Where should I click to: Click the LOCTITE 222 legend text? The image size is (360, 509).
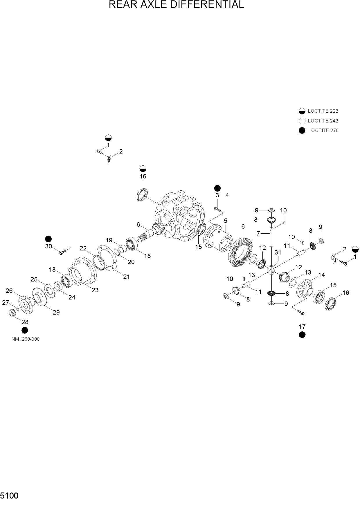[x=323, y=111]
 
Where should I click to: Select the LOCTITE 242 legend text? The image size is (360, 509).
[x=323, y=121]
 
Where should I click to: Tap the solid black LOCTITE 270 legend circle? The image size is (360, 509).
[x=302, y=131]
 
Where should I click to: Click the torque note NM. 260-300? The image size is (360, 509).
[x=26, y=339]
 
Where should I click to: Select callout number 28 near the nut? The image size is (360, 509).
[x=25, y=322]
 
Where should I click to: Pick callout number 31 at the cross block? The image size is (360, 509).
[x=278, y=252]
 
